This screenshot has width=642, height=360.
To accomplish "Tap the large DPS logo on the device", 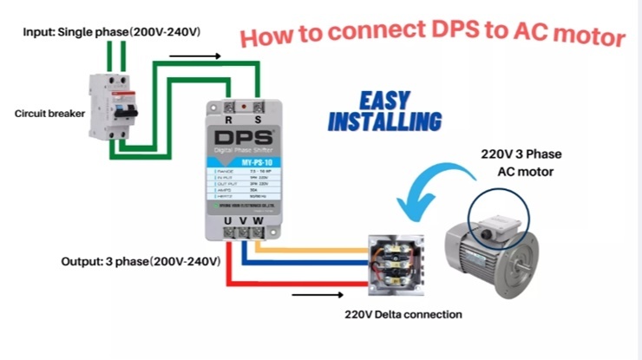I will pos(243,139).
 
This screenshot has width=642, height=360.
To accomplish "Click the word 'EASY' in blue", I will pos(384,101).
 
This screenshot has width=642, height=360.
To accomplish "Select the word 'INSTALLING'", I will pos(384,121).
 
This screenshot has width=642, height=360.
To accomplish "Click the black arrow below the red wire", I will pos(310,295).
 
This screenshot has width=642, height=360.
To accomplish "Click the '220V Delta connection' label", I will pos(403,314).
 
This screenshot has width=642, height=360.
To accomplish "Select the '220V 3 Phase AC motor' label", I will pos(521,162).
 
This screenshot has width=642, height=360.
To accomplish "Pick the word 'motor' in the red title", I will pos(590,36).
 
